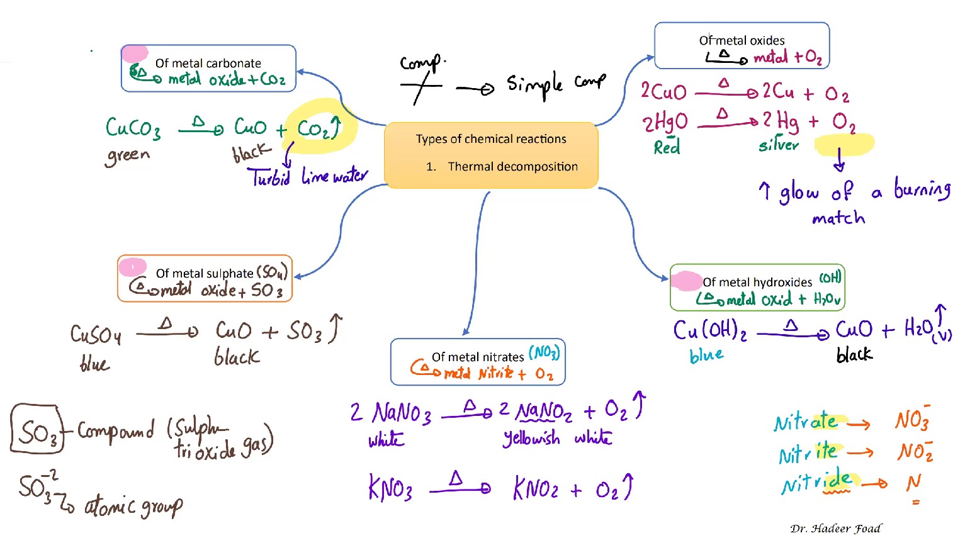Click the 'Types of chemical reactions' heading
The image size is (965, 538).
click(491, 139)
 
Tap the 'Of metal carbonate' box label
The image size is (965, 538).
click(208, 63)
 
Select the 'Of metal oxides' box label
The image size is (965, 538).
click(742, 40)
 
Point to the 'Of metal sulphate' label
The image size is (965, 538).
click(205, 273)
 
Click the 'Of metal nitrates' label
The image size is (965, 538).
click(478, 357)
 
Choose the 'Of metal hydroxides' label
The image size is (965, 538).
click(757, 282)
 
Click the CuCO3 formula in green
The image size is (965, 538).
click(133, 128)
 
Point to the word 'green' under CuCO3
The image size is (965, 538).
click(128, 155)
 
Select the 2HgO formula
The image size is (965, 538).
click(665, 122)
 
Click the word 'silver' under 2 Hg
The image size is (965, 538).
click(778, 145)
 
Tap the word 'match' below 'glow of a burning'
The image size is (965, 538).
click(838, 218)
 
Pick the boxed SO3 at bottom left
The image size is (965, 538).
click(37, 430)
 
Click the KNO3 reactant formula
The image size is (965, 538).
click(390, 488)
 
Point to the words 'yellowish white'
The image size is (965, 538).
click(556, 438)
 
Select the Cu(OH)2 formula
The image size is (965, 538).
click(709, 330)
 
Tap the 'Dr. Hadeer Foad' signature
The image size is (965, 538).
click(835, 529)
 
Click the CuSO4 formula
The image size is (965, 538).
click(96, 334)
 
